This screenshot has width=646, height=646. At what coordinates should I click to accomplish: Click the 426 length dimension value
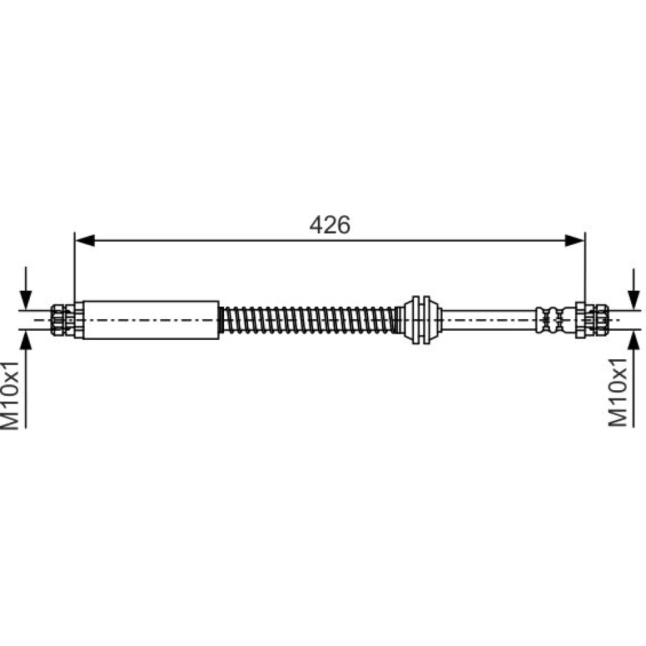click(330, 225)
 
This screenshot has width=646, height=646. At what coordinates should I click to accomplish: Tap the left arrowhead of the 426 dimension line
click(85, 240)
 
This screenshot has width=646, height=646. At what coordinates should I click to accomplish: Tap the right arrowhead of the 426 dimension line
click(574, 240)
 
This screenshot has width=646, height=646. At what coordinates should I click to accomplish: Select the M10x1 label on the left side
click(11, 395)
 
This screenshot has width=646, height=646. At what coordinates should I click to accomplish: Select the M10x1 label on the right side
click(618, 392)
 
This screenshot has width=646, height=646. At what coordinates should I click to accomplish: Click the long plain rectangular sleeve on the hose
click(151, 320)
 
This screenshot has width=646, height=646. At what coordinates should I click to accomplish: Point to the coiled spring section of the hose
click(309, 320)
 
